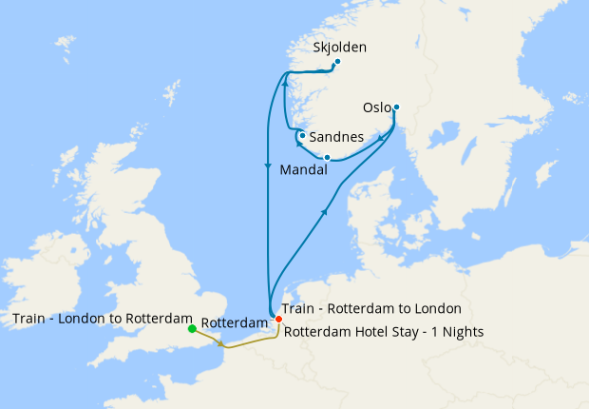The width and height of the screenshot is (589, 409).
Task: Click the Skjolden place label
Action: [x=339, y=47]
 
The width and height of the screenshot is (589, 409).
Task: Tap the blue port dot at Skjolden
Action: [x=337, y=62]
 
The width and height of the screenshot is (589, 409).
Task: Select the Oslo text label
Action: [x=377, y=107]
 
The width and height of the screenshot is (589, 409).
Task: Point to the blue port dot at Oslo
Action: [x=396, y=107]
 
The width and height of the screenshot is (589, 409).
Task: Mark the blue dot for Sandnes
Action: [x=302, y=136]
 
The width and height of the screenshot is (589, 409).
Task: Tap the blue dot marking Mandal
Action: [x=327, y=157]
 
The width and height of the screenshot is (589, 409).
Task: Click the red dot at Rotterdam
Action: [x=277, y=319]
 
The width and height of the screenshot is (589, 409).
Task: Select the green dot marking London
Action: [x=192, y=329]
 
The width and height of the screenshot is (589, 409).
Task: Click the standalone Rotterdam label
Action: [x=235, y=321]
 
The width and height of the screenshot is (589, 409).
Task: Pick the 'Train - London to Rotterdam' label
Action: [x=103, y=318]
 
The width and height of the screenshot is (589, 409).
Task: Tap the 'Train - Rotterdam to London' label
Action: [x=371, y=308]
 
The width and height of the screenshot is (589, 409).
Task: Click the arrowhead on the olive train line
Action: [x=222, y=344]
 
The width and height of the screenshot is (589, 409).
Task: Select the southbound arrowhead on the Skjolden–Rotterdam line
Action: [x=269, y=166]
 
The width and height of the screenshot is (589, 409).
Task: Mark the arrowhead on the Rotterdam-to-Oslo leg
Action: [x=327, y=212]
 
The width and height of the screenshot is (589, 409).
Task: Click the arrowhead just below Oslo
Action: [x=382, y=139]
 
